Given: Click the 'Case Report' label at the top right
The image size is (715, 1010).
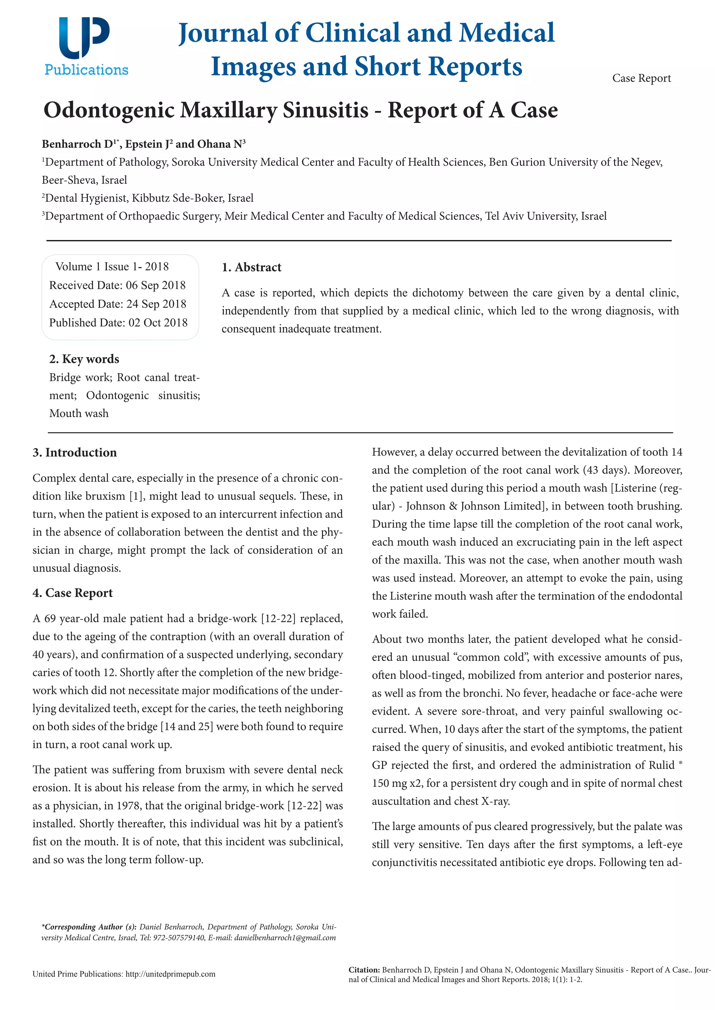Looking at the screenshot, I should coord(641,78).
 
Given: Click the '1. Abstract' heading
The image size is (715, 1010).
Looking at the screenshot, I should coord(251,267).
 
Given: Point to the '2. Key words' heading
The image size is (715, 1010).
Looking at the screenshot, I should coord(84,359).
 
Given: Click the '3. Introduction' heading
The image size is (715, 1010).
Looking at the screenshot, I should coord(74,453).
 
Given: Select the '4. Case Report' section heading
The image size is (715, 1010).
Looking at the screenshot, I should coord(73,593).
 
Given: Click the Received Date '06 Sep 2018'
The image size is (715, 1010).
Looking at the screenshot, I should coord(155,286).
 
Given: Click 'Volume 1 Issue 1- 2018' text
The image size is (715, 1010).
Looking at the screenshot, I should coord(112,266).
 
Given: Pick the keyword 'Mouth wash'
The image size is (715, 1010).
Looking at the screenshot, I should coord(79,414).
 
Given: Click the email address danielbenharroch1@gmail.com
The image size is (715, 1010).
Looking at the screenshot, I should coord(285,937).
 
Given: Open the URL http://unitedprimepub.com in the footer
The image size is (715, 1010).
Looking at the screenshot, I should coord(170,974).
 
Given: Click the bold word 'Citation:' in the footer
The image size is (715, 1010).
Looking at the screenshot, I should coord(364,970).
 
